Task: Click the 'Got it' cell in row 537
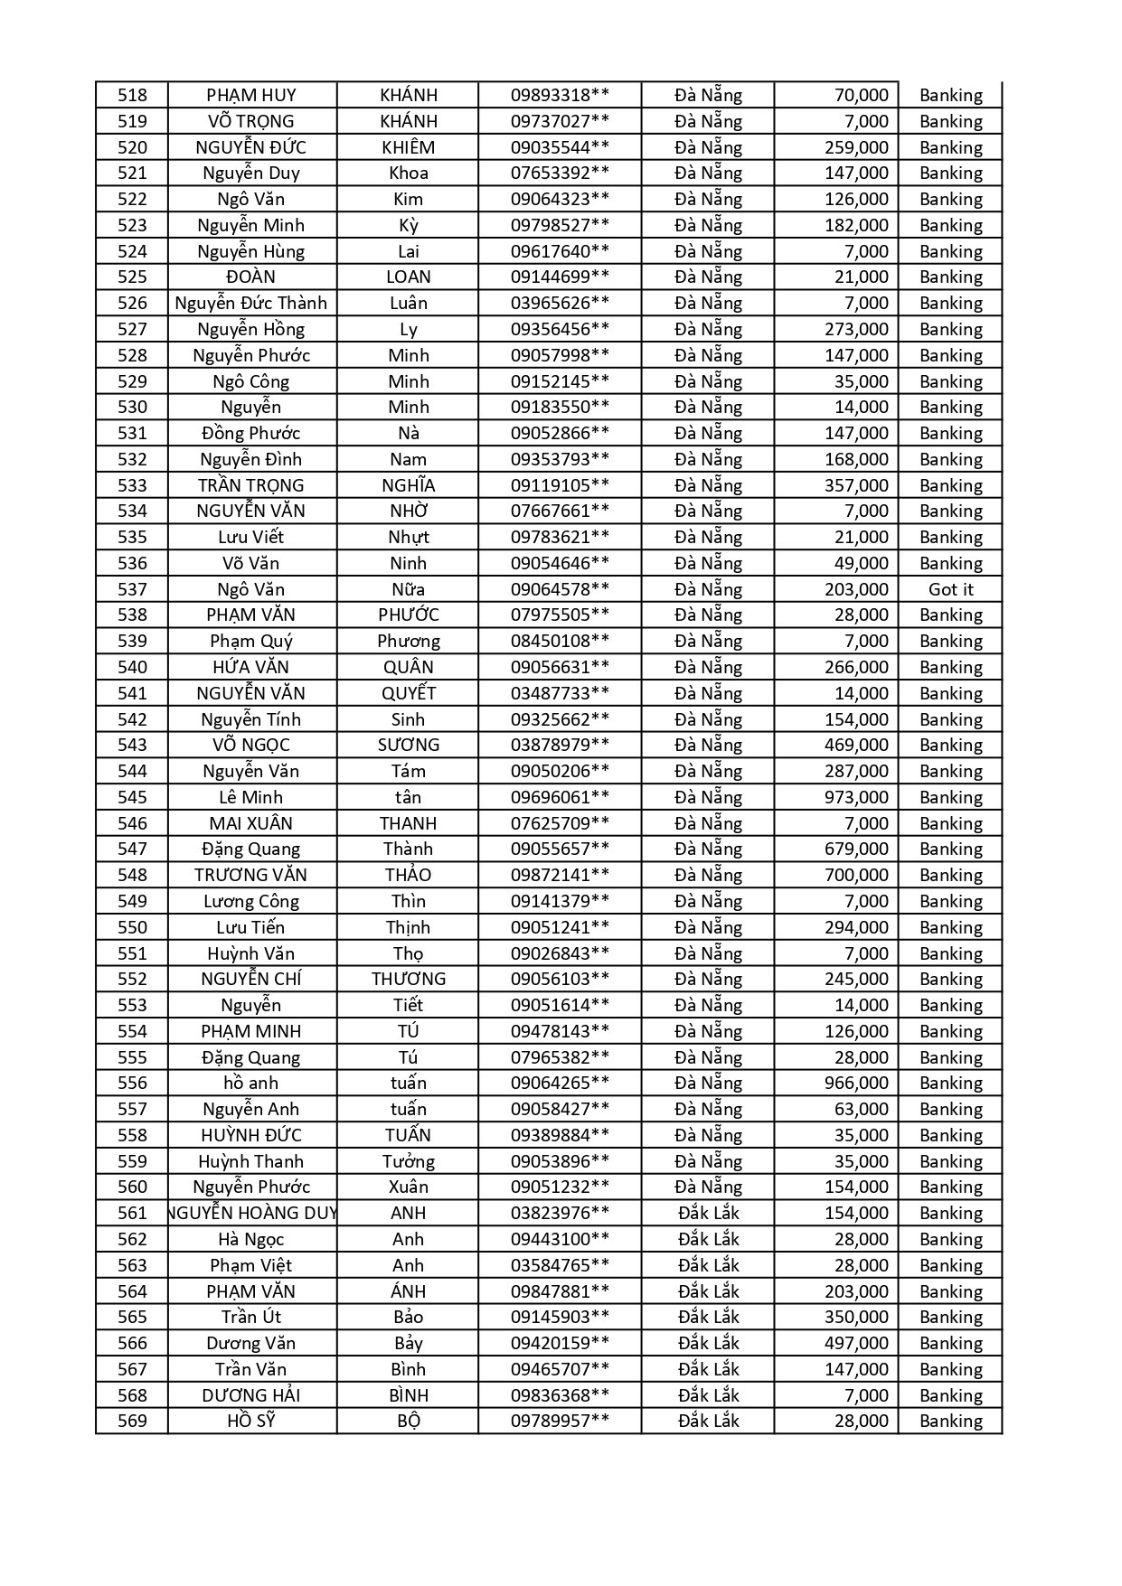(950, 589)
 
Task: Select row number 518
(132, 95)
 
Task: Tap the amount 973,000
(856, 797)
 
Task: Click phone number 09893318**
(560, 95)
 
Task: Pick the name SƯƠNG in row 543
(408, 745)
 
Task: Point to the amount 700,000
(856, 875)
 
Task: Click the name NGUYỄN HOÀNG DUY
(252, 1213)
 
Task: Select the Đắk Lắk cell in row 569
(708, 1421)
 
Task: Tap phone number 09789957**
(560, 1421)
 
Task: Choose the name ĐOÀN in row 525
(250, 277)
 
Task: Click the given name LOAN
(408, 277)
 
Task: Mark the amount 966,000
(856, 1083)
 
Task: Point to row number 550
(132, 927)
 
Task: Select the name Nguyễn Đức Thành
(250, 303)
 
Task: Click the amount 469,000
(856, 745)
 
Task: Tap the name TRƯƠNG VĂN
(250, 875)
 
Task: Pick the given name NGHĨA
(408, 485)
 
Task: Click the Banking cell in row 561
(950, 1213)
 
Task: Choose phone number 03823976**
(560, 1213)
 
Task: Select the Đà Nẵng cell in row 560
(708, 1187)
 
